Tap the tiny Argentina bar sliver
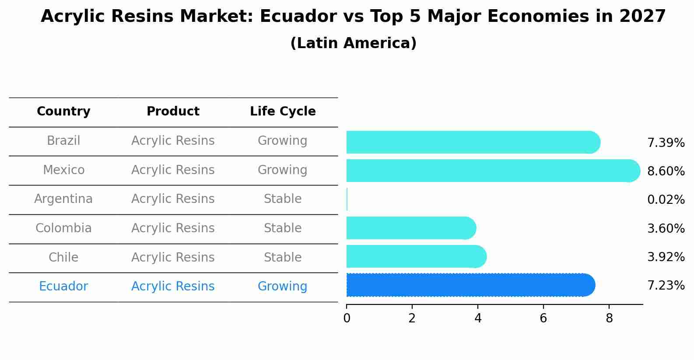pos(347,199)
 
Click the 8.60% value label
pos(666,171)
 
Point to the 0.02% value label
pos(666,200)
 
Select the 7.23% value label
pos(666,286)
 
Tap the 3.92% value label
pos(666,257)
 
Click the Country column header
pos(63,112)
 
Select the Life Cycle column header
pos(283,112)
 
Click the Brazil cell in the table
pos(63,141)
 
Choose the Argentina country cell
pos(63,199)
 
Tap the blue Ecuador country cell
pos(63,287)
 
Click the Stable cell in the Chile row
pos(283,257)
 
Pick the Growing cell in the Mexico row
pos(283,170)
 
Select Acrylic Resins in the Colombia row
pos(173,228)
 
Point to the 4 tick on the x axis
pos(478,318)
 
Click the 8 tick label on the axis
pos(609,318)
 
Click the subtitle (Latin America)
pos(353,43)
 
